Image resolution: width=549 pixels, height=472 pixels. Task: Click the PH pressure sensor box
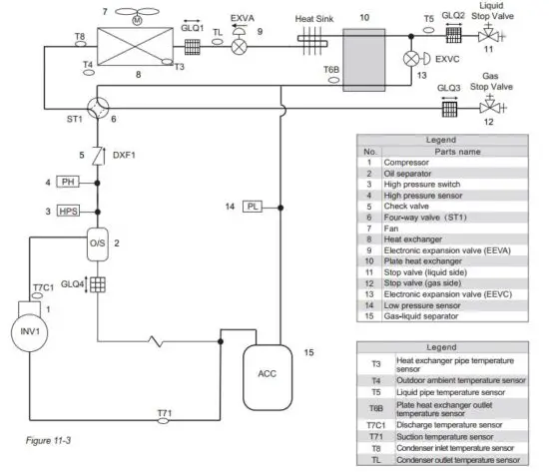69,182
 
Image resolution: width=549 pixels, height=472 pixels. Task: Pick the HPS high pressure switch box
68,212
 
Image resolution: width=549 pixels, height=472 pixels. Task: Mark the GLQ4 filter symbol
98,285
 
